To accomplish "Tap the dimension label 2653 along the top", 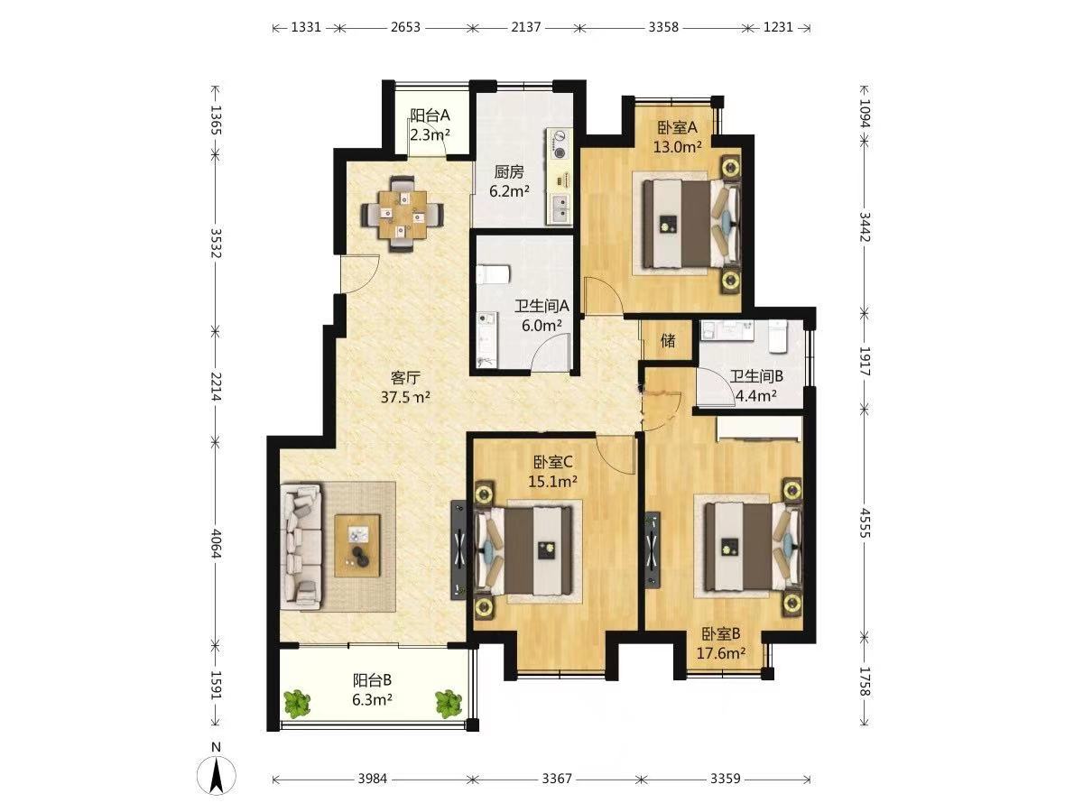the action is pyautogui.click(x=405, y=27).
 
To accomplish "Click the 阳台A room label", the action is pyautogui.click(x=430, y=115).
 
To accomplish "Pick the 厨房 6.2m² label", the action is pyautogui.click(x=509, y=181).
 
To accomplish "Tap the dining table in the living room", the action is pyautogui.click(x=403, y=215).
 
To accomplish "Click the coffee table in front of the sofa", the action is pyautogui.click(x=357, y=545).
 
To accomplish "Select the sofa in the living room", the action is pyautogui.click(x=301, y=546).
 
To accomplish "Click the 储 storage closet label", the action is pyautogui.click(x=668, y=341).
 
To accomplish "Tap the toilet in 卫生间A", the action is pyautogui.click(x=494, y=274).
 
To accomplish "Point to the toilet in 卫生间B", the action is pyautogui.click(x=777, y=336).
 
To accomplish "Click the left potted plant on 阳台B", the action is pyautogui.click(x=297, y=704).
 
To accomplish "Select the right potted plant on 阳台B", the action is pyautogui.click(x=449, y=703).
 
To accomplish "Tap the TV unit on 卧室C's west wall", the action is pyautogui.click(x=458, y=550).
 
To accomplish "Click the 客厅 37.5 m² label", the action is pyautogui.click(x=405, y=387).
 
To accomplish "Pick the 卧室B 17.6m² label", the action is pyautogui.click(x=721, y=643).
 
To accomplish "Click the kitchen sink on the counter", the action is pyautogui.click(x=560, y=208).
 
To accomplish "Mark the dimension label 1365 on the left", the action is pyautogui.click(x=216, y=120).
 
